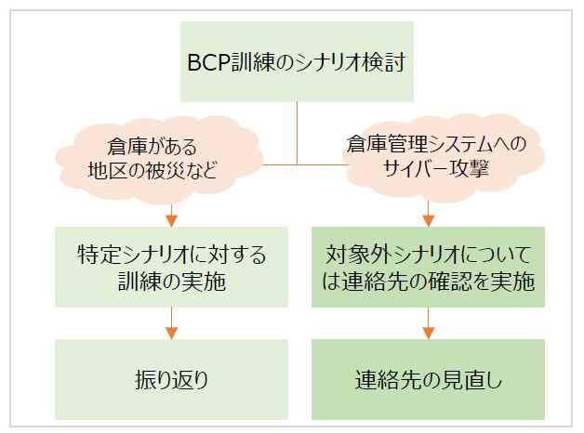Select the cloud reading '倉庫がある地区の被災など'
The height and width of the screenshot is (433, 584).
(x=154, y=159)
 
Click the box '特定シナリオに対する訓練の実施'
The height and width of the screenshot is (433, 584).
(x=170, y=268)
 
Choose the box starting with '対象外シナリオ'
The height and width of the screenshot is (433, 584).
(x=428, y=268)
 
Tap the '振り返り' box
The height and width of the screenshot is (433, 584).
(x=170, y=379)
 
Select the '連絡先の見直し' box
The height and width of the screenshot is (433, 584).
(x=428, y=379)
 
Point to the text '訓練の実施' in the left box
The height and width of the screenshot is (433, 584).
(x=170, y=282)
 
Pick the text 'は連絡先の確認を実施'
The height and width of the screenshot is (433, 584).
(x=428, y=282)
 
